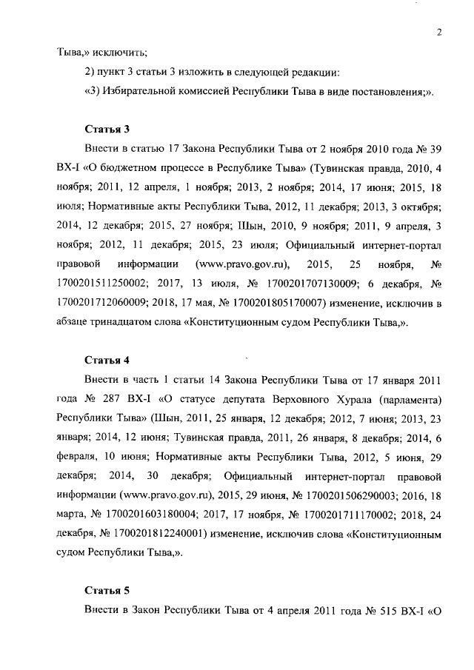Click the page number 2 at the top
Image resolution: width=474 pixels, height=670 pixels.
click(440, 31)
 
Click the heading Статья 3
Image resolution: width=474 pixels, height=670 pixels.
click(107, 128)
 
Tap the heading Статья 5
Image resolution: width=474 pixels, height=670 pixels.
click(107, 591)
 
